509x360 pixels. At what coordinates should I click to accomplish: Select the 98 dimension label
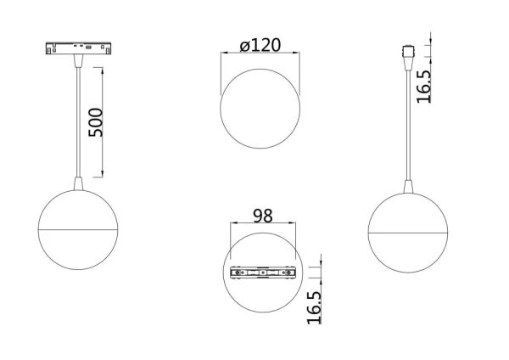pos(262,216)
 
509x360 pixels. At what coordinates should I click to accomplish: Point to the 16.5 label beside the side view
pos(424,86)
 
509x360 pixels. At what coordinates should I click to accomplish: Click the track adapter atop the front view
pos(79,48)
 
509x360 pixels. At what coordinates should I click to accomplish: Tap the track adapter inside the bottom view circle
pos(264,273)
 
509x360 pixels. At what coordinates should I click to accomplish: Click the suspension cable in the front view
pos(79,119)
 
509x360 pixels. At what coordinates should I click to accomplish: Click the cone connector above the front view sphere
pos(79,184)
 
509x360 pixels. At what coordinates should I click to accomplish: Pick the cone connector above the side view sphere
pos(408,186)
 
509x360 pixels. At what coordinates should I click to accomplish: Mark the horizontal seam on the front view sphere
pos(79,228)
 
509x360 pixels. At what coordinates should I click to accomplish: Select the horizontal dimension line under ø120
pos(260,54)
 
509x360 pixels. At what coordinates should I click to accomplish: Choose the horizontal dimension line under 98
pos(264,224)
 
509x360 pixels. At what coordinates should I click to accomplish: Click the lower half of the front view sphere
pos(79,250)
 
